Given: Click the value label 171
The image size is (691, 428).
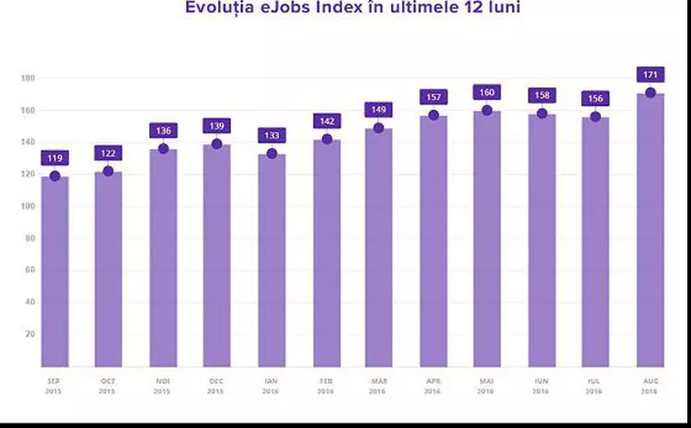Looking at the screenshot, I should coord(650,75).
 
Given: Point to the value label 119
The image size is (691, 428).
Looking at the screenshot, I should coord(55,158).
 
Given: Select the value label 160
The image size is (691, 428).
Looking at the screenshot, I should coord(486,92).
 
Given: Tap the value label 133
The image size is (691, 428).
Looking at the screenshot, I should coord(271,135).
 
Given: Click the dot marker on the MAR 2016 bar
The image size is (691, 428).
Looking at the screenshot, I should coord(379,128).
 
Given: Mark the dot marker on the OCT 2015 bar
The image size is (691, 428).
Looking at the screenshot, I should coord(108,171).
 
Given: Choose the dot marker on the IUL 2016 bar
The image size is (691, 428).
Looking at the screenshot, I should coord(596,116).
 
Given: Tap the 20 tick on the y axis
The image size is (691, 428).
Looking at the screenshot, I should coord(29,334).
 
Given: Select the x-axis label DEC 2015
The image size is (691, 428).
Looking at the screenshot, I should coord(216,386).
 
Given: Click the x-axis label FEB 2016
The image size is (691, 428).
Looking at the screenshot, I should coord(325,386).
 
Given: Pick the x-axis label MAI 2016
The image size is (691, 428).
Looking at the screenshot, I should coord(486,386).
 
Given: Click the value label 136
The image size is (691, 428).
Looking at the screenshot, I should coord(163,131).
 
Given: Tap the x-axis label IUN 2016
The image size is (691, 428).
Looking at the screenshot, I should coord(541,386).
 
